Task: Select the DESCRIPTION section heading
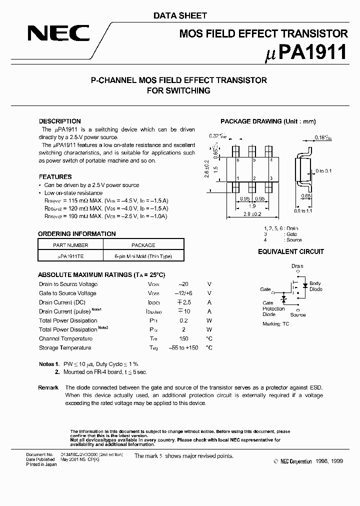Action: point(59,121)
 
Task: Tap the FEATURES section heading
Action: point(55,176)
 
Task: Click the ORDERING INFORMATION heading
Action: point(77,233)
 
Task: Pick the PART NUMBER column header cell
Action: point(70,245)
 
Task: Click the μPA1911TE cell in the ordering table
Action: point(70,256)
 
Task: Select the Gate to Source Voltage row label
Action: point(67,293)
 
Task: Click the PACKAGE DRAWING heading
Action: point(268,121)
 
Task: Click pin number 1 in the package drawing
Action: point(237,177)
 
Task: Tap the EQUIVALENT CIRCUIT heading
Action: point(291,251)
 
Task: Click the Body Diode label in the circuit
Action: point(315,286)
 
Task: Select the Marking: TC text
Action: point(275,324)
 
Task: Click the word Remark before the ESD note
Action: point(48,387)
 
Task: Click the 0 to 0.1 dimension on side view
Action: point(324,171)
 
